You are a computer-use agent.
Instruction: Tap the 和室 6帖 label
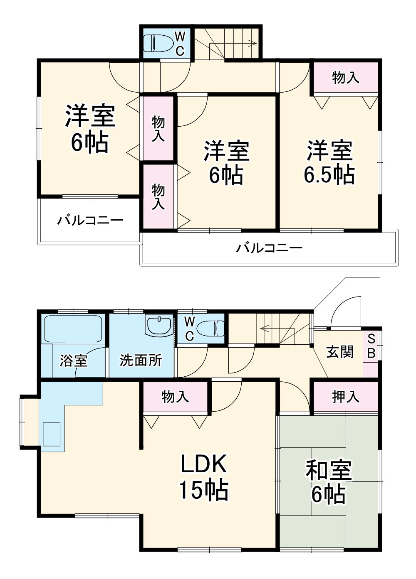[329, 482]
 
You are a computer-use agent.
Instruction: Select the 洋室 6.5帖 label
[329, 162]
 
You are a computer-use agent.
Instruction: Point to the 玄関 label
[340, 352]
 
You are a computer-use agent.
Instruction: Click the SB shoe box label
[371, 346]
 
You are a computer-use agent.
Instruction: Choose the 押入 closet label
[345, 397]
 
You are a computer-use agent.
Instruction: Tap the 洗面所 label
[141, 360]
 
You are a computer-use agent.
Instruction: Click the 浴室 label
[73, 360]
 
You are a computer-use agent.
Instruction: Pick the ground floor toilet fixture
[210, 329]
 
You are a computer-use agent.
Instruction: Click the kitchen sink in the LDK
[52, 434]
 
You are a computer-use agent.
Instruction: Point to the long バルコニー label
[269, 248]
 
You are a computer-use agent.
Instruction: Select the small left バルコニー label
[90, 220]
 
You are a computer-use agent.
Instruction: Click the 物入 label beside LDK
[175, 397]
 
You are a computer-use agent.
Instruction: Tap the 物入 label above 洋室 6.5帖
[345, 77]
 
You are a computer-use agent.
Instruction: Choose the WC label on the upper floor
[180, 43]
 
